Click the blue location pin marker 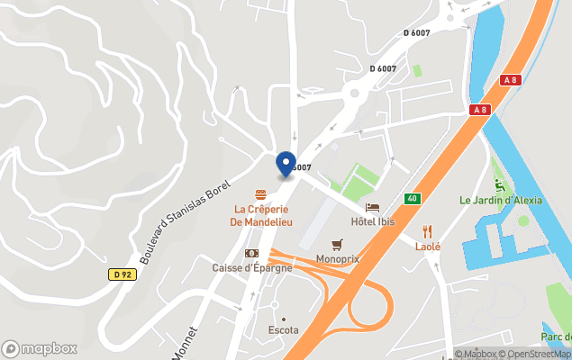[x=286, y=164]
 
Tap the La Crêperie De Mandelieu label [x=260, y=215]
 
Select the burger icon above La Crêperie [x=260, y=193]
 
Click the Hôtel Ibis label [x=373, y=221]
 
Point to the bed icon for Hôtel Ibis [x=373, y=207]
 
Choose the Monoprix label [x=337, y=259]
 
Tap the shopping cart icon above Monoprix [x=337, y=244]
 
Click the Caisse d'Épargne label [x=251, y=267]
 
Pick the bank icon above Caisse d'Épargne [x=251, y=253]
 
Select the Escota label [x=283, y=330]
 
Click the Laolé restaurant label [x=427, y=246]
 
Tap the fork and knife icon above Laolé [x=427, y=230]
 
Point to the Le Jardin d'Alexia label [x=501, y=200]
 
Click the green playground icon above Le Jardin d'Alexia [x=502, y=184]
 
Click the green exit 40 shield [x=412, y=198]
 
